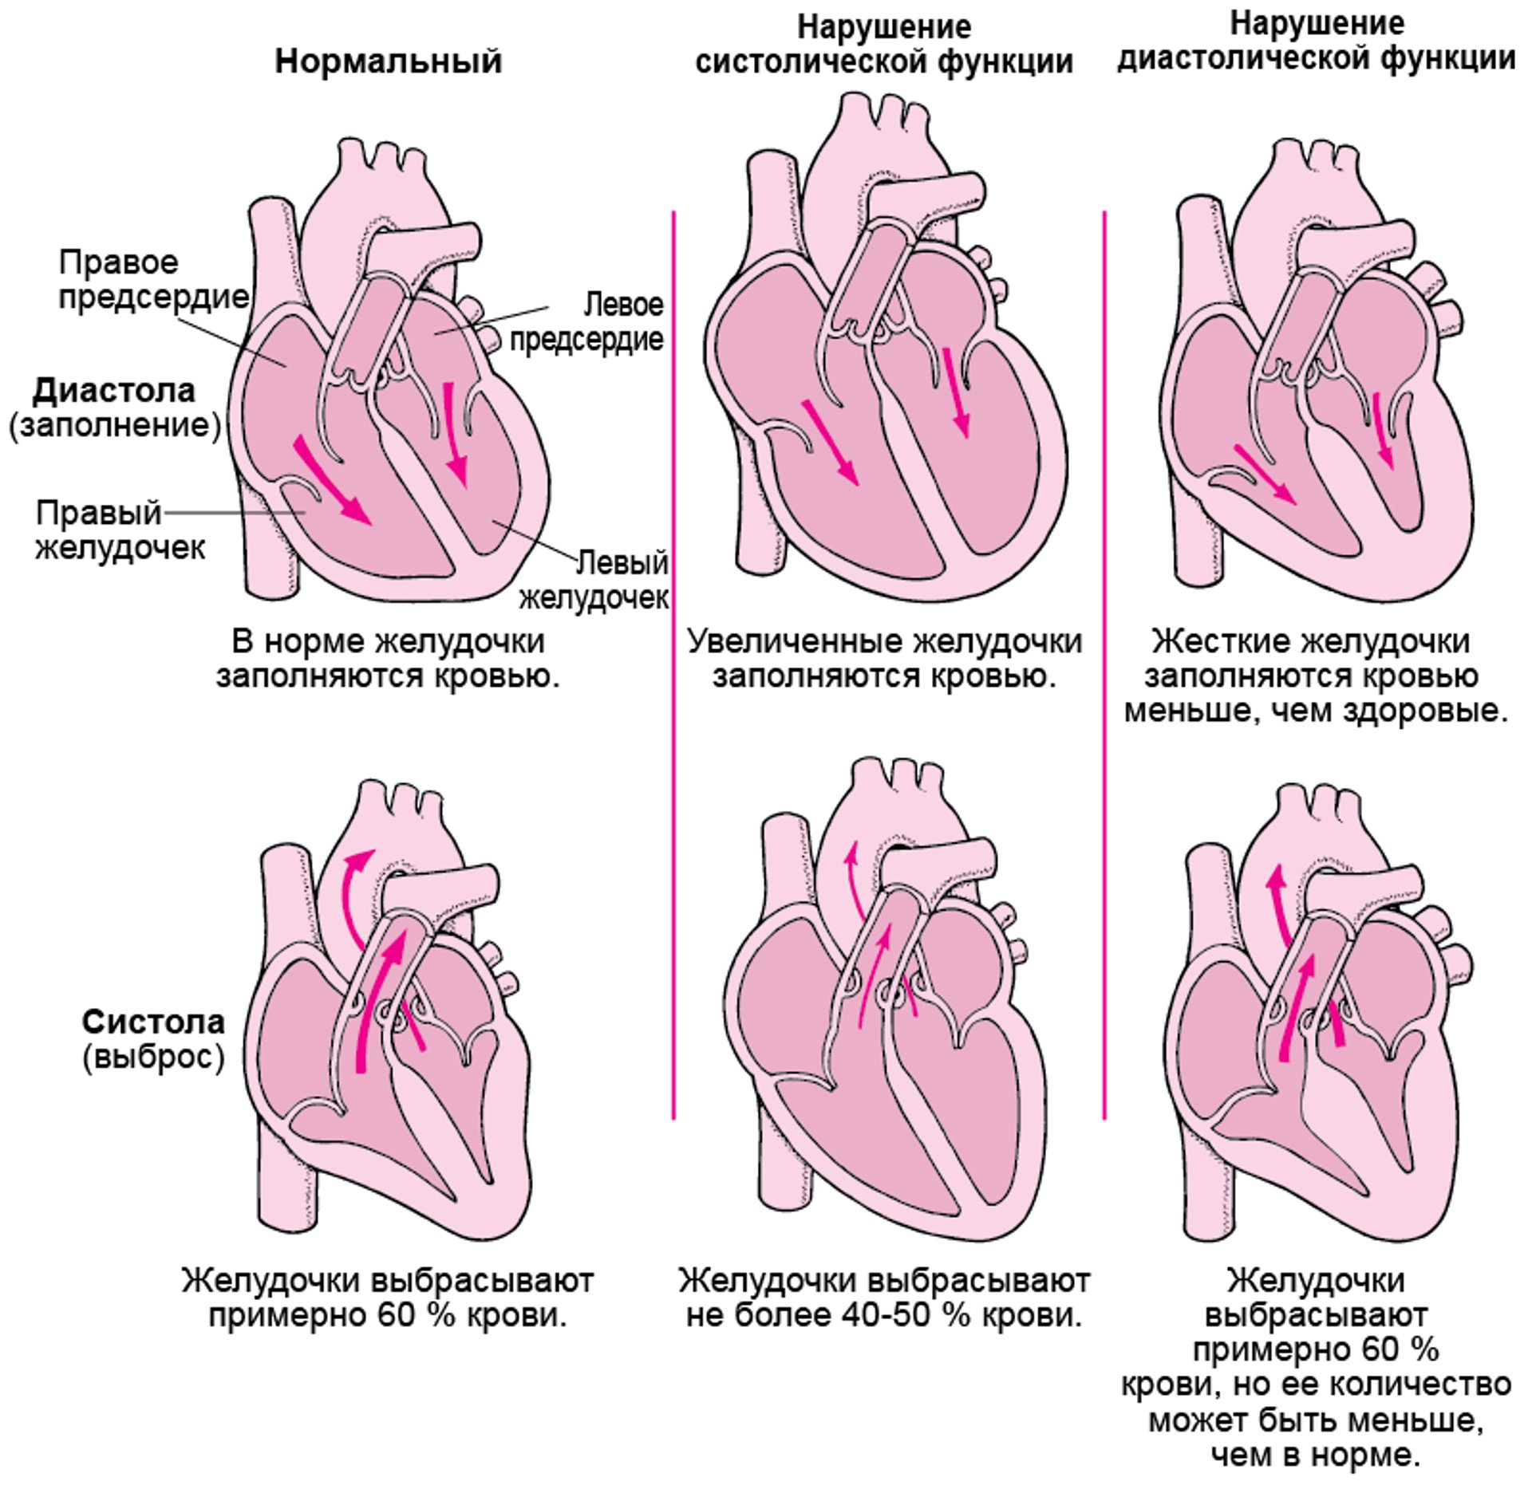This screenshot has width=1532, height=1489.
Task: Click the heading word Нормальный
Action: click(x=389, y=61)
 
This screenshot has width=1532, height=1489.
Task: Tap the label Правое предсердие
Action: click(x=152, y=279)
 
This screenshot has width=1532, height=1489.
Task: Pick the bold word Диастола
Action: click(x=113, y=391)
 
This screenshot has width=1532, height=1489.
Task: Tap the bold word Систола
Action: click(x=154, y=1022)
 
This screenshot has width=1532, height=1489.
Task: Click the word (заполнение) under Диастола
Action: click(x=115, y=425)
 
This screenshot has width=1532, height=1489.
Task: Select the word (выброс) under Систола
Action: click(x=154, y=1057)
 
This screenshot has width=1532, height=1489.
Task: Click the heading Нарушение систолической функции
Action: click(x=883, y=45)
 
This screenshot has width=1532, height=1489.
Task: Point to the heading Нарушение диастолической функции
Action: click(x=1317, y=41)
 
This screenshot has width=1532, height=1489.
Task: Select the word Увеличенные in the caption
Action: click(x=794, y=641)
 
